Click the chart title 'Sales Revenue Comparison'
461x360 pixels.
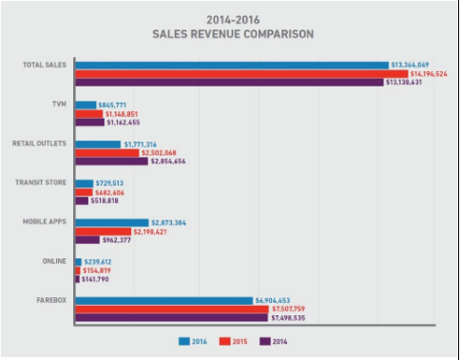tap(230, 34)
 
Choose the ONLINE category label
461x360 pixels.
tap(46, 260)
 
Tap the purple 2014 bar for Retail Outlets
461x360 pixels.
tap(111, 161)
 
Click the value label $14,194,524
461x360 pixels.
tap(432, 74)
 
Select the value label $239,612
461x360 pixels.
tap(99, 260)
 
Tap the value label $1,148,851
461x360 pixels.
tap(121, 113)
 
